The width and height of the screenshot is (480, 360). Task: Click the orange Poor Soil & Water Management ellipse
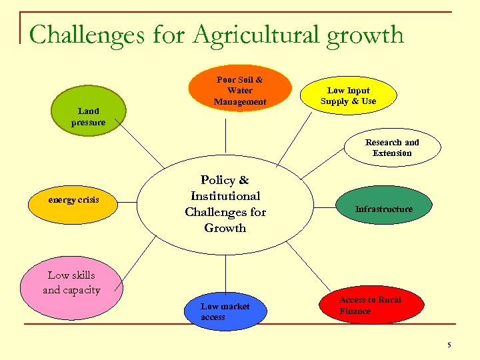pos(240,89)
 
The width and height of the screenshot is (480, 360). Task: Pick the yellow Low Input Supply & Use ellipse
pos(348,95)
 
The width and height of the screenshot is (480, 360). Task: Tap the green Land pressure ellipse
pos(89,116)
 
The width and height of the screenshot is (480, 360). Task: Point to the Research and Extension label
pos(392,147)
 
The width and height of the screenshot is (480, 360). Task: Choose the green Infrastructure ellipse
pos(383,209)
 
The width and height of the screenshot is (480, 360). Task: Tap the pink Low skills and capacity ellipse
pos(71,283)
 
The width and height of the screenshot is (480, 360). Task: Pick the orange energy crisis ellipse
pos(73,199)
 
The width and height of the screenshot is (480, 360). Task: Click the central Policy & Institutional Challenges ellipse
pos(225,204)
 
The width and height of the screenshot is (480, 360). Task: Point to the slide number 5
pos(449,345)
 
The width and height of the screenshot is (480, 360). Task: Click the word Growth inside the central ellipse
pos(225,228)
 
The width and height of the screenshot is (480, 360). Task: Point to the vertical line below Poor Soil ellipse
pos(225,133)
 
